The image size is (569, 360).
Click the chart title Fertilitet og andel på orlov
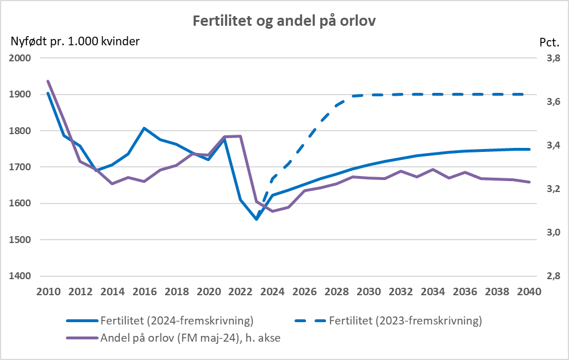point(284,21)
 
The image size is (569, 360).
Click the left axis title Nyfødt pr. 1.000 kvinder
point(74,41)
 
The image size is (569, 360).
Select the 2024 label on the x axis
point(272,291)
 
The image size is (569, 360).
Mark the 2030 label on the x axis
point(368,291)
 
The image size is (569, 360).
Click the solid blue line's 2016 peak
point(144,128)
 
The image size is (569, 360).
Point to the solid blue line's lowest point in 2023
point(256,219)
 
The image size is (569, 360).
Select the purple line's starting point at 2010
point(48,81)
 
